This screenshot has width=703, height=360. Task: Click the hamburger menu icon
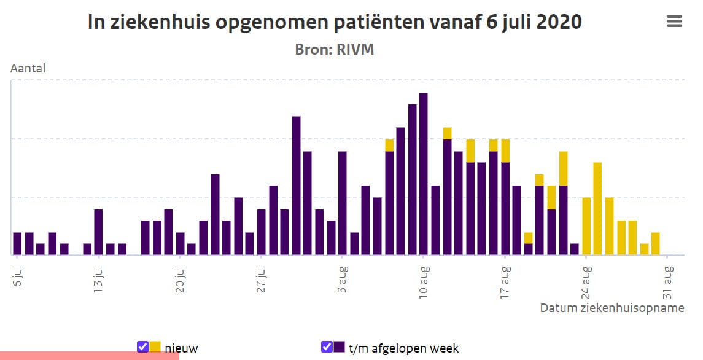674,21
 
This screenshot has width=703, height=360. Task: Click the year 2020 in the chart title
559,22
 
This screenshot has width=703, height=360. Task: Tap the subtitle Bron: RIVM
335,49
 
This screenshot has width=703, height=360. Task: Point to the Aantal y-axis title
28,68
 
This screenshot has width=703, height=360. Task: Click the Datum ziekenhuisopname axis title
612,308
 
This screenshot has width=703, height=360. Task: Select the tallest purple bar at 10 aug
423,174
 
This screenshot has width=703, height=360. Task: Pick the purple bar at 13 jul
99,232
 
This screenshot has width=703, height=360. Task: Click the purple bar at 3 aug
343,203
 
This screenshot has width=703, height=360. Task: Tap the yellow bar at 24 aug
586,226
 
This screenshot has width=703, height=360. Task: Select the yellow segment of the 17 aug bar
505,151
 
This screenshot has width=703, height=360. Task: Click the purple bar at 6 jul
17,244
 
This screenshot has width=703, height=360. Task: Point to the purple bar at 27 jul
262,232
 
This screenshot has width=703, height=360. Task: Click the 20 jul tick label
180,279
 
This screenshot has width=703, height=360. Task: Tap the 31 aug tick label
667,282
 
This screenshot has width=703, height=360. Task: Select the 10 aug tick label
424,282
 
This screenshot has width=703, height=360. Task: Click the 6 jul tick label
17,276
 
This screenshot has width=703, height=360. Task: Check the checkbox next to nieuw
142,346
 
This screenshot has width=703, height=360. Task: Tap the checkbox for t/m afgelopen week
327,346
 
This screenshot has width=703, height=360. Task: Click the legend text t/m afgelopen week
403,348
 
